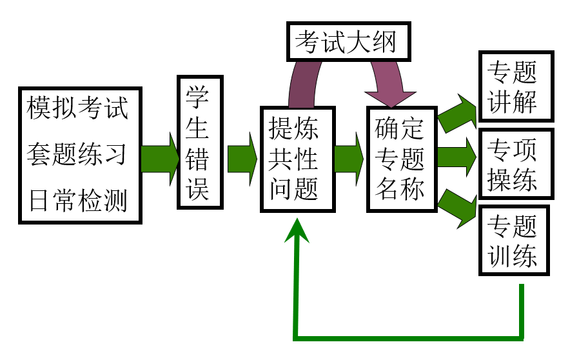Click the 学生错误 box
click(x=201, y=142)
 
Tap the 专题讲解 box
click(x=515, y=86)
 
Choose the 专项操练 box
click(x=515, y=163)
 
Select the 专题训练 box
click(x=515, y=241)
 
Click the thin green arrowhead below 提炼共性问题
click(x=297, y=229)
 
